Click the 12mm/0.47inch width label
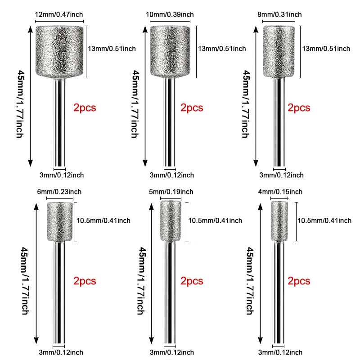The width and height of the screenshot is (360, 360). [x=59, y=14]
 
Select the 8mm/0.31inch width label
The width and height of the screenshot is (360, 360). [x=279, y=14]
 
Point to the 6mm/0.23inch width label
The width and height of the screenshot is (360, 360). [x=63, y=192]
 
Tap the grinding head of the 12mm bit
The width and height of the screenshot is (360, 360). [x=59, y=50]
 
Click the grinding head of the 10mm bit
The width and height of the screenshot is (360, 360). [x=171, y=50]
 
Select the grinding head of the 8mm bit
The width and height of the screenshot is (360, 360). [x=279, y=50]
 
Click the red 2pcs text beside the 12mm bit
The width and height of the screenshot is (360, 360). [x=85, y=108]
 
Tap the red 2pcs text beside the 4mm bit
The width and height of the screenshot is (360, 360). [x=299, y=281]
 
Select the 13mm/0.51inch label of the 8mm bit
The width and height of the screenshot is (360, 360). [x=326, y=48]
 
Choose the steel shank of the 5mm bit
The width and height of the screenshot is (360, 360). [x=171, y=292]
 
